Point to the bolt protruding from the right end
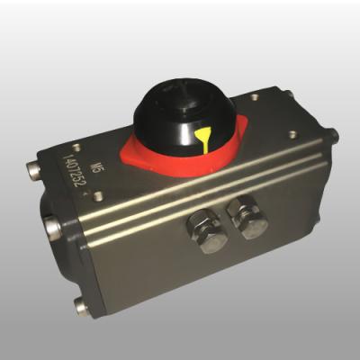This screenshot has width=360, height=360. tap(334, 137)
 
